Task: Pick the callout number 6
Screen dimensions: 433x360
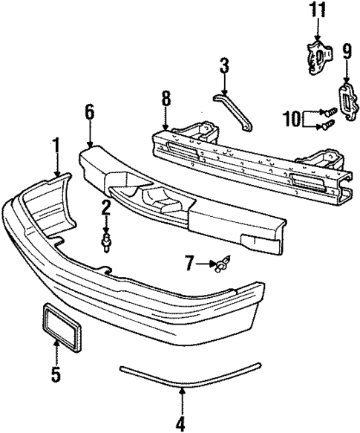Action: tap(89, 113)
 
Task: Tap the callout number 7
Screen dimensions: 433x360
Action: tap(189, 263)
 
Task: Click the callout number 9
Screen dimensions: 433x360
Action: tap(346, 51)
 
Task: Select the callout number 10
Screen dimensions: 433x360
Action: tap(292, 118)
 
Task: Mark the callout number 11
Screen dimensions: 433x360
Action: tap(317, 10)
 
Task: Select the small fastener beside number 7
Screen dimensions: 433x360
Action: tap(221, 263)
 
